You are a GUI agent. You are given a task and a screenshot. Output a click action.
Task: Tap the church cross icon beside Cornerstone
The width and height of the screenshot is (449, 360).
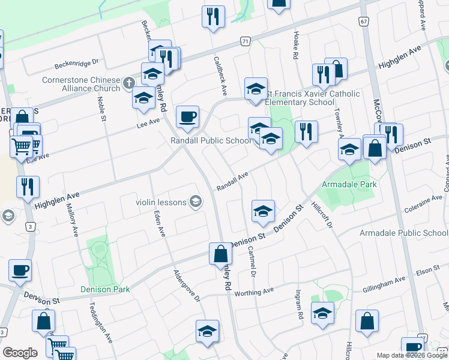point(127,83)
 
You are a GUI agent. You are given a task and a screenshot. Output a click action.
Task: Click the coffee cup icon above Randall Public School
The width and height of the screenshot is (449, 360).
point(187,116)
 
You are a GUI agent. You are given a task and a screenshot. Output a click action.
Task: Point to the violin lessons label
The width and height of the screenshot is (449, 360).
point(161,202)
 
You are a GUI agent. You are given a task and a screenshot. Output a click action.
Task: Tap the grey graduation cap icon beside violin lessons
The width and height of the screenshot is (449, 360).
point(195,202)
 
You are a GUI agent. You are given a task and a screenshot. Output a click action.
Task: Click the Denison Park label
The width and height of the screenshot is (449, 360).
point(105,289)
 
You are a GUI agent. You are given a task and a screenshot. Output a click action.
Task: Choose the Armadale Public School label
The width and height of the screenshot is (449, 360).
point(403,233)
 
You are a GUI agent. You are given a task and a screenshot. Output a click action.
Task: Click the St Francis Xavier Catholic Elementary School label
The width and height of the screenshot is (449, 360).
point(313,98)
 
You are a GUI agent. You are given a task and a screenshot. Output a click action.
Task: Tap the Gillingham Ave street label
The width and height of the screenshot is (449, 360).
point(384,285)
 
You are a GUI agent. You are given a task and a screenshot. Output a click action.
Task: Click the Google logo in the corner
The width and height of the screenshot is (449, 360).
point(20,353)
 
